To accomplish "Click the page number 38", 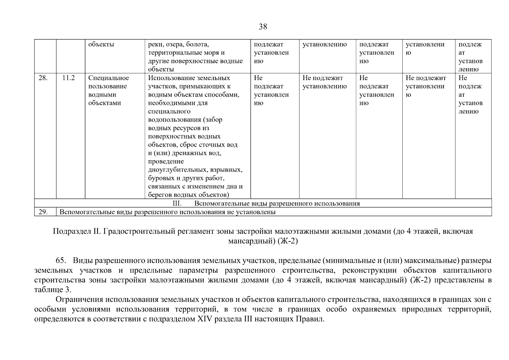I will click(x=263, y=27).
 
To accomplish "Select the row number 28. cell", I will click(x=43, y=78).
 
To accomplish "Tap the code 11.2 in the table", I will click(x=68, y=78).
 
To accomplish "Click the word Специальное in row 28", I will click(x=109, y=78).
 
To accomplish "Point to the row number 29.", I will click(x=43, y=212).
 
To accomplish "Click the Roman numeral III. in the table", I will click(x=177, y=204).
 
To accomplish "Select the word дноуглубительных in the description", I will click(x=178, y=170).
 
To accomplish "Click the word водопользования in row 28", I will click(x=175, y=120).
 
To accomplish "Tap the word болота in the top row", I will click(x=197, y=44).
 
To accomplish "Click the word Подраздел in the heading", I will click(x=70, y=232).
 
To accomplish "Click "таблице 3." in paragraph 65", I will click(x=53, y=290).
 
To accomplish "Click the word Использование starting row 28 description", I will click(x=171, y=78).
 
